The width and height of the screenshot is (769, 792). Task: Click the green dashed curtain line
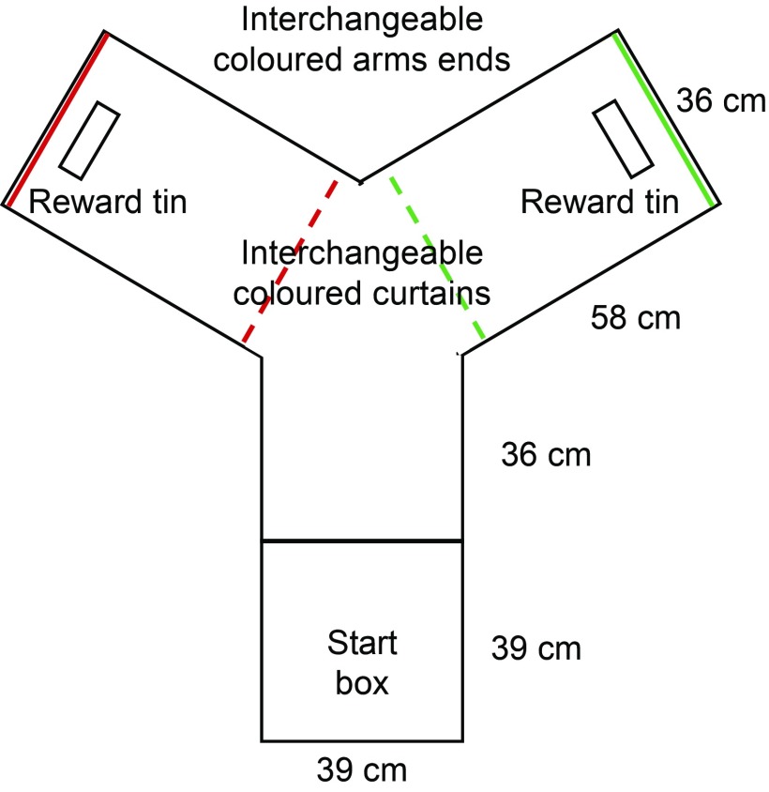(437, 257)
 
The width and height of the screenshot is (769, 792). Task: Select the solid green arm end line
(666, 119)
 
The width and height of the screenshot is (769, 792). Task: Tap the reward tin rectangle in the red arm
(89, 140)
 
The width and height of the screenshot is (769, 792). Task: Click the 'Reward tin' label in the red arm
(108, 201)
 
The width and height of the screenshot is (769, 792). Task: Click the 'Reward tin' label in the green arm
(599, 201)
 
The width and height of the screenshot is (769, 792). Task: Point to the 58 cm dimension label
(635, 318)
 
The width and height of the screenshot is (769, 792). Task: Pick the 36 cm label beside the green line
(721, 99)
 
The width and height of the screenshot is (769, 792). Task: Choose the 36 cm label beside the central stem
(547, 456)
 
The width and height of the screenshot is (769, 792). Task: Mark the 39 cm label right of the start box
(536, 647)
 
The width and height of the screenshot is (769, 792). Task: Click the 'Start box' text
(362, 663)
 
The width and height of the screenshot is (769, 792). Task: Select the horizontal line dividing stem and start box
(362, 541)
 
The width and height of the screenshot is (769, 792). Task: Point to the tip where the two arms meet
(361, 179)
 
